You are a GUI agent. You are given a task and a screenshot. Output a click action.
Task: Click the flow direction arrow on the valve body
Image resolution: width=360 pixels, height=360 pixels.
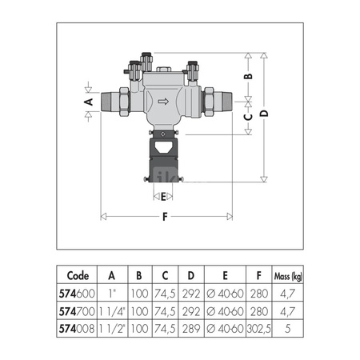pyautogui.click(x=163, y=102)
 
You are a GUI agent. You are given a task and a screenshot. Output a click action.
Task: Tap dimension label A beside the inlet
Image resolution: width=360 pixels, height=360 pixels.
pyautogui.click(x=89, y=102)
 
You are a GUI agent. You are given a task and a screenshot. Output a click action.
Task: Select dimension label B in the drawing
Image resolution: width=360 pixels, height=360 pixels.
pyautogui.click(x=248, y=76)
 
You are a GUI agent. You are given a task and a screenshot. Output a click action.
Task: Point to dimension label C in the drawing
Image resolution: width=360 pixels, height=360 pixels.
pyautogui.click(x=248, y=117)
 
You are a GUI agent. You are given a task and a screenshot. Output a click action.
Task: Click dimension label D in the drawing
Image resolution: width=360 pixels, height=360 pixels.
pyautogui.click(x=264, y=114)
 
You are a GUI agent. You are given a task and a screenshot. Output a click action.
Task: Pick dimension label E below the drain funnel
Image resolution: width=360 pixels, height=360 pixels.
pyautogui.click(x=163, y=197)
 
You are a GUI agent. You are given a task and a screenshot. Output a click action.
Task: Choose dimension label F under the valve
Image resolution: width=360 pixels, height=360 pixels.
pyautogui.click(x=165, y=217)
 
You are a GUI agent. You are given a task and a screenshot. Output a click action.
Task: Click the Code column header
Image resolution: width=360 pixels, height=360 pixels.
pyautogui.click(x=78, y=275)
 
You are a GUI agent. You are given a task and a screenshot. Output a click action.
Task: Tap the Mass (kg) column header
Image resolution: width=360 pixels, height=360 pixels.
pyautogui.click(x=288, y=276)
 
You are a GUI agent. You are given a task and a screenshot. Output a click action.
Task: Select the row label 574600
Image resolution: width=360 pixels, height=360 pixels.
pyautogui.click(x=77, y=294)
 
